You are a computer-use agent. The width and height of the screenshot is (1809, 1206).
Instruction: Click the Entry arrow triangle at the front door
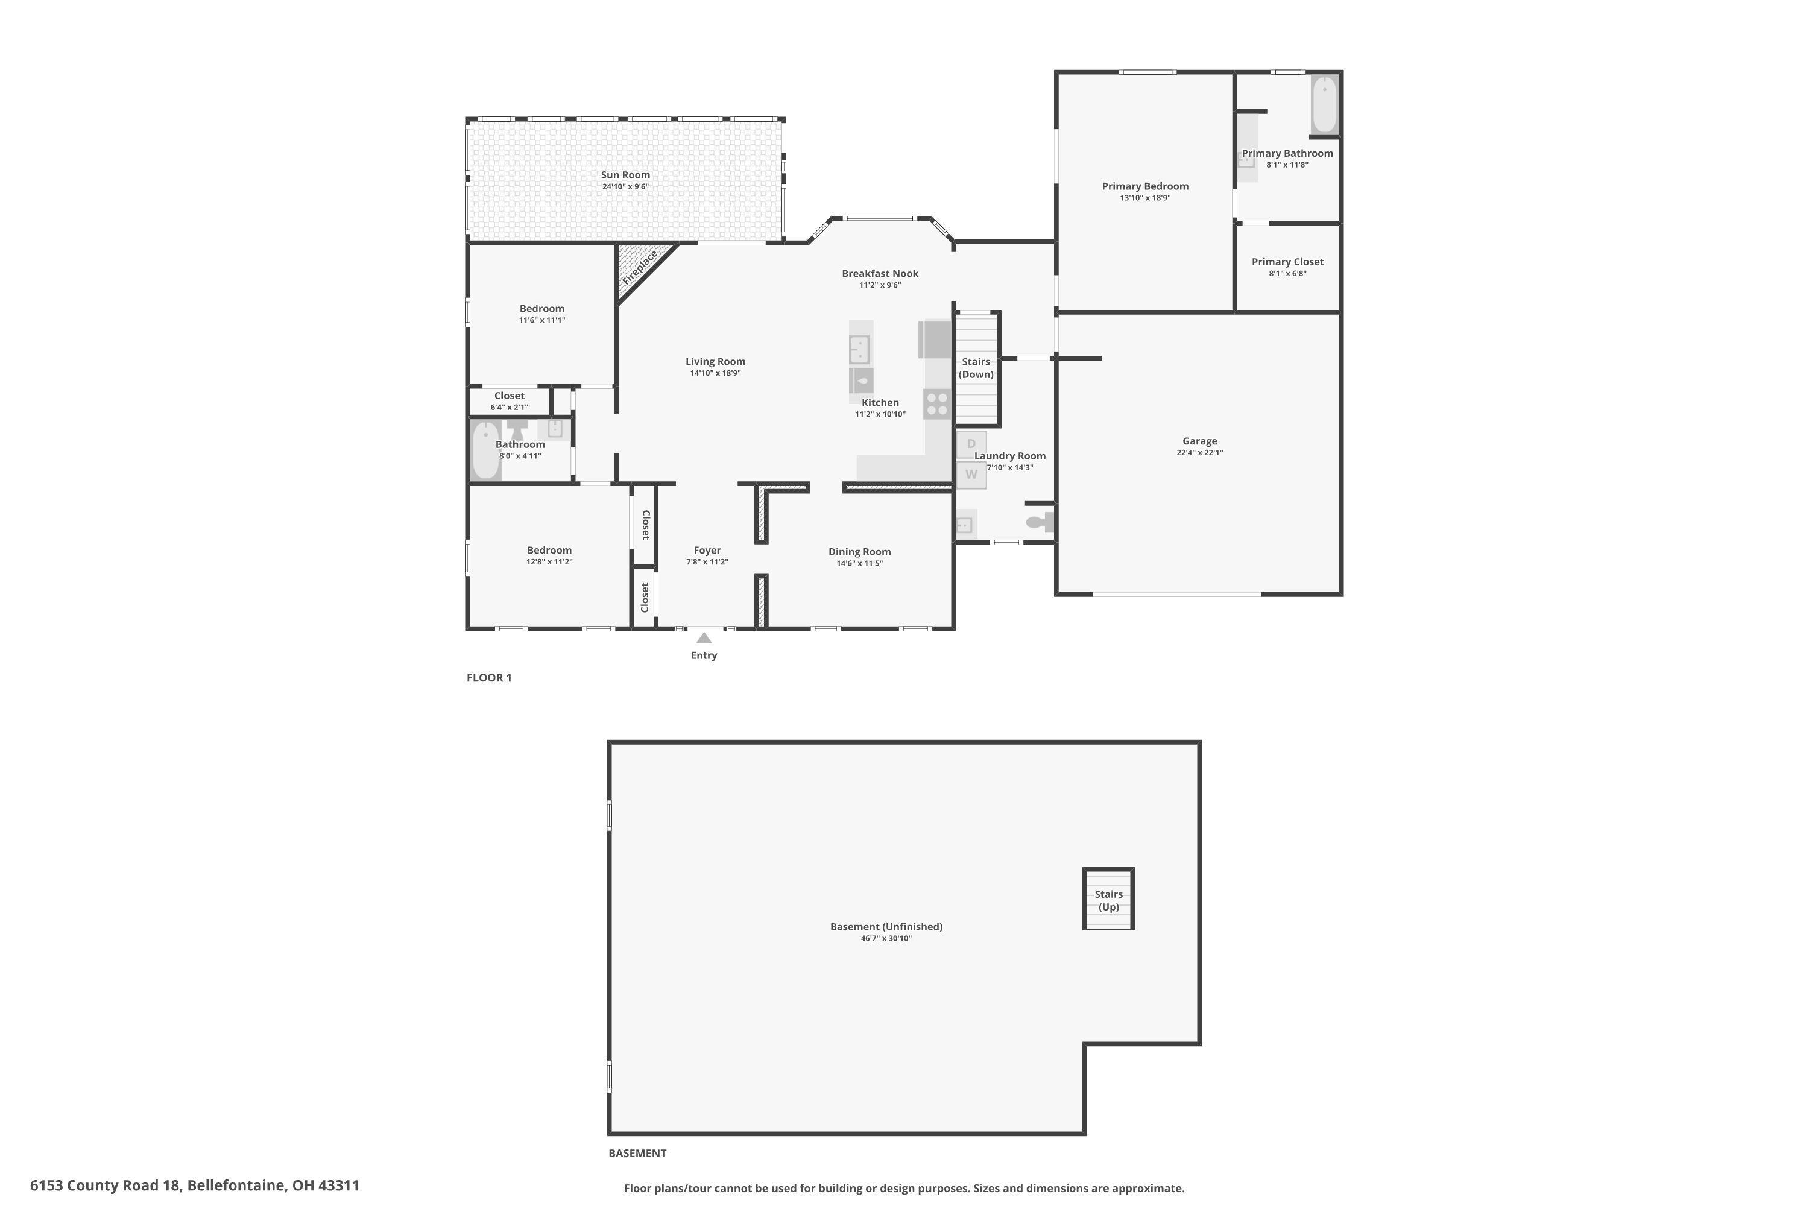click(x=703, y=637)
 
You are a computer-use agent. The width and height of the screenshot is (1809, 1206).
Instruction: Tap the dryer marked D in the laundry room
click(x=971, y=444)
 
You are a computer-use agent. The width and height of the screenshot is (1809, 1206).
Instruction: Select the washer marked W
click(x=971, y=475)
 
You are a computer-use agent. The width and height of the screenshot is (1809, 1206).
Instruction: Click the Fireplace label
click(x=639, y=267)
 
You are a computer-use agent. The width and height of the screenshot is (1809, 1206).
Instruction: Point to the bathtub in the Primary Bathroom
click(x=1324, y=104)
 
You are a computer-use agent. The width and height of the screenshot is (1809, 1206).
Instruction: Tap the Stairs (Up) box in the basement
click(x=1108, y=898)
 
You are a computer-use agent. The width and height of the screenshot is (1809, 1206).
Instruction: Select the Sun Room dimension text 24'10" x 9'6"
click(x=625, y=187)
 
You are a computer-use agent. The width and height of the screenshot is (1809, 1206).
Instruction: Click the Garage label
click(x=1199, y=441)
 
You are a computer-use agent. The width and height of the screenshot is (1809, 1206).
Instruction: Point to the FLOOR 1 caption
click(x=488, y=678)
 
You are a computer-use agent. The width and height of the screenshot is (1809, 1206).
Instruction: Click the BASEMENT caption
click(x=637, y=1153)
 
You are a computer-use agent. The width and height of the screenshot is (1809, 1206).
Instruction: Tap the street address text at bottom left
click(x=195, y=1185)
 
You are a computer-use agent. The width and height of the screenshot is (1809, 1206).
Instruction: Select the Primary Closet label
click(x=1287, y=262)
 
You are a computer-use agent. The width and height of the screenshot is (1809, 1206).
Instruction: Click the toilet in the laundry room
click(x=1038, y=522)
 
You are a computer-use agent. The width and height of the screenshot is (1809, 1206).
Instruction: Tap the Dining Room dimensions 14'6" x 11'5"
click(x=859, y=563)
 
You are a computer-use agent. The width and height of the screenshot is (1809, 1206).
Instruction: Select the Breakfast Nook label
click(x=879, y=273)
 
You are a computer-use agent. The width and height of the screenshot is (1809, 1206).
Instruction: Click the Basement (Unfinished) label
click(x=885, y=926)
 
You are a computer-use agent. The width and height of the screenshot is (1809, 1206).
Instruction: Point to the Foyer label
click(x=706, y=550)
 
